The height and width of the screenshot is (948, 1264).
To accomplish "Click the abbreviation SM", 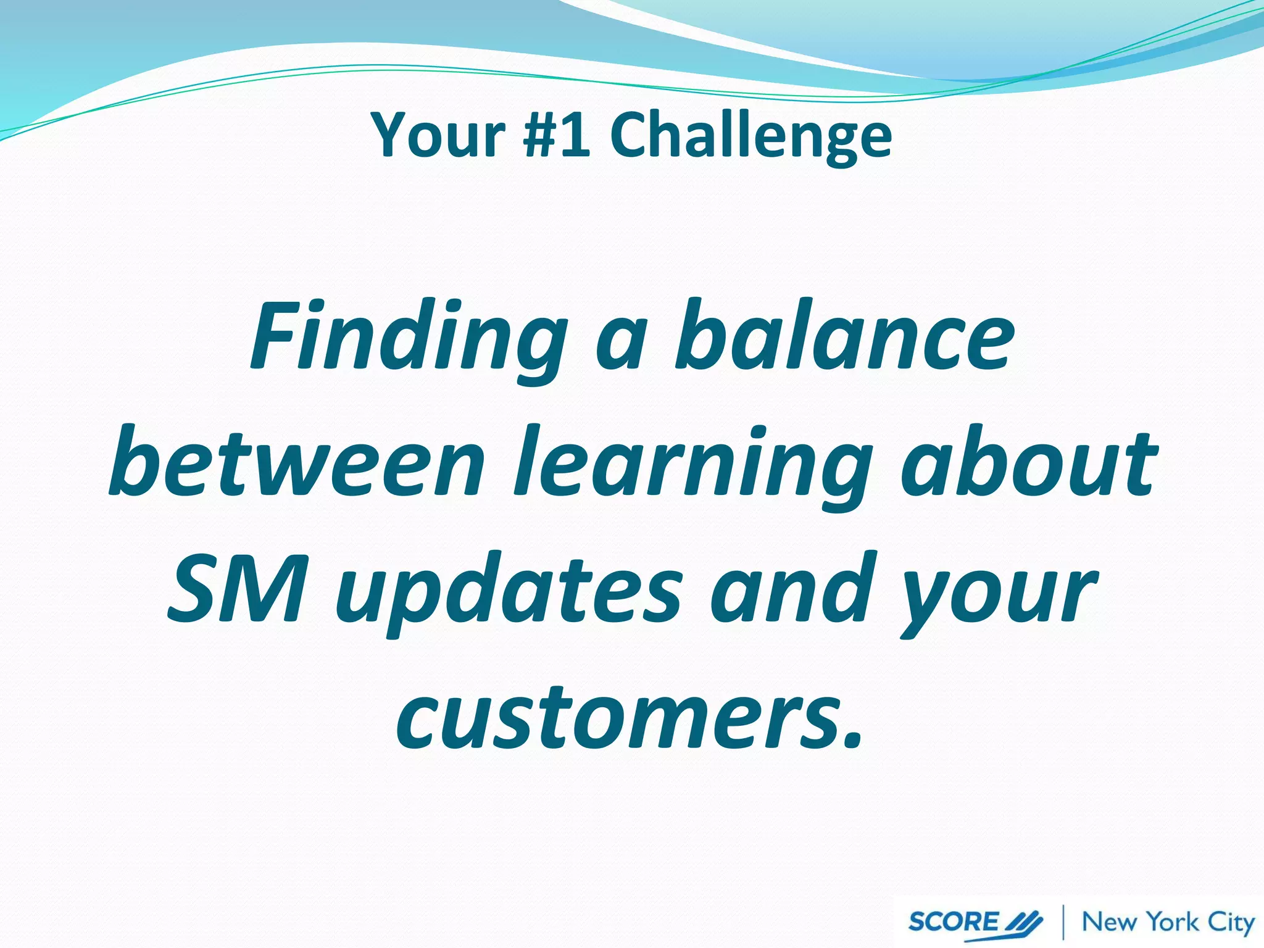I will [x=238, y=589].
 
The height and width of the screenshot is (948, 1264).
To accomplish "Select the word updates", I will [x=509, y=592].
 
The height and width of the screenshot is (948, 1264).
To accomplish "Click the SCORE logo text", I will [x=953, y=921].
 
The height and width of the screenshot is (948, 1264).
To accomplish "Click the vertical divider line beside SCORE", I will [x=1063, y=922].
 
